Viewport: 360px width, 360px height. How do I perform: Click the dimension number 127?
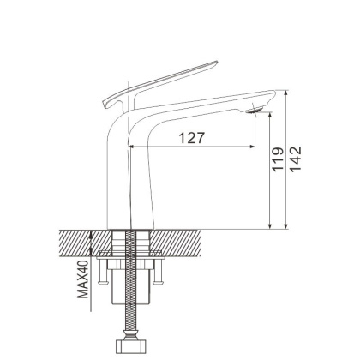(x=192, y=138)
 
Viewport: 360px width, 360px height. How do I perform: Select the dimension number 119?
(x=278, y=159)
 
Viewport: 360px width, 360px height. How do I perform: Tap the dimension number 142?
(x=296, y=159)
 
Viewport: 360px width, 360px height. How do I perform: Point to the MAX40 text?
(x=83, y=279)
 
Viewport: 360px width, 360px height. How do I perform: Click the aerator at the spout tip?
(x=255, y=111)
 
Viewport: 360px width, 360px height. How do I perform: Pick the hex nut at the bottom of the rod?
(x=131, y=345)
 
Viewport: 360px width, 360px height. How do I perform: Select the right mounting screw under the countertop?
(x=157, y=272)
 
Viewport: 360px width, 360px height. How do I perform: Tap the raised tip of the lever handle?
(x=216, y=63)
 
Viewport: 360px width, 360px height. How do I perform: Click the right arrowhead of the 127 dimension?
(x=252, y=147)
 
